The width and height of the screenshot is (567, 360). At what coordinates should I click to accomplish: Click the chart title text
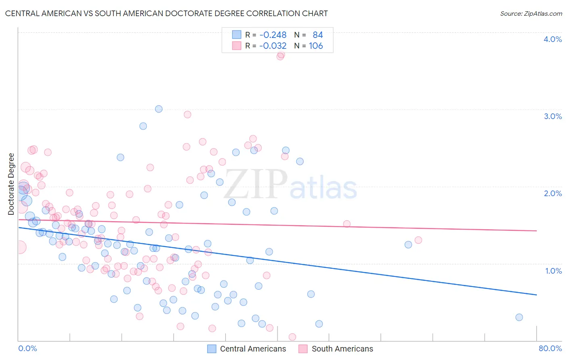point(166,13)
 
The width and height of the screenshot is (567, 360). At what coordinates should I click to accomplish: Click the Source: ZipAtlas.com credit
point(531,13)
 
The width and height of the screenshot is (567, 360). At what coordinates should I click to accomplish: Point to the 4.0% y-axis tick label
point(552,39)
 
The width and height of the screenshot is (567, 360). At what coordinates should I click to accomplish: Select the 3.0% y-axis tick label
point(552,116)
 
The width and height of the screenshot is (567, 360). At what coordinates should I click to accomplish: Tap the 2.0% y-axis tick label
point(552,193)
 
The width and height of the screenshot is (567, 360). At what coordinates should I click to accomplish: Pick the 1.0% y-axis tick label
point(553,271)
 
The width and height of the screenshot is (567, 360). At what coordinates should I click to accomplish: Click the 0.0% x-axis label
point(27,348)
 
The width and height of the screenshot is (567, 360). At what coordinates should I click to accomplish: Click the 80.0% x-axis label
point(550,348)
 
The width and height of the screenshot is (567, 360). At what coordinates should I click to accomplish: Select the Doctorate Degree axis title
point(11,184)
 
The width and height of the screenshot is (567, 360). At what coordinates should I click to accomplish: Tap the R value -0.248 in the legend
point(273,35)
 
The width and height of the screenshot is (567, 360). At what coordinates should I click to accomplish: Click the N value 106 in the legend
point(316,46)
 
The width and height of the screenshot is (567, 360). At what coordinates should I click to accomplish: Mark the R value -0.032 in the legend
point(273,46)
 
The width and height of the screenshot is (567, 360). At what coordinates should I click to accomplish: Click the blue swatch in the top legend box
point(236,35)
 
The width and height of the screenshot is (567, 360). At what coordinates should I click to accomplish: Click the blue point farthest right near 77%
point(519,317)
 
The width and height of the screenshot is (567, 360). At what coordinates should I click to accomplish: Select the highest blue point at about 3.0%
point(159,109)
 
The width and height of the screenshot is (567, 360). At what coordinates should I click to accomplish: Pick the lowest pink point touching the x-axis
point(292,337)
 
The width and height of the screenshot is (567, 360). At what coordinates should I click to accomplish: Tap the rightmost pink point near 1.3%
point(418,240)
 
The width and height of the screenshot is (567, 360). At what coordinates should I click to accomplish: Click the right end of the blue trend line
point(536,295)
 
